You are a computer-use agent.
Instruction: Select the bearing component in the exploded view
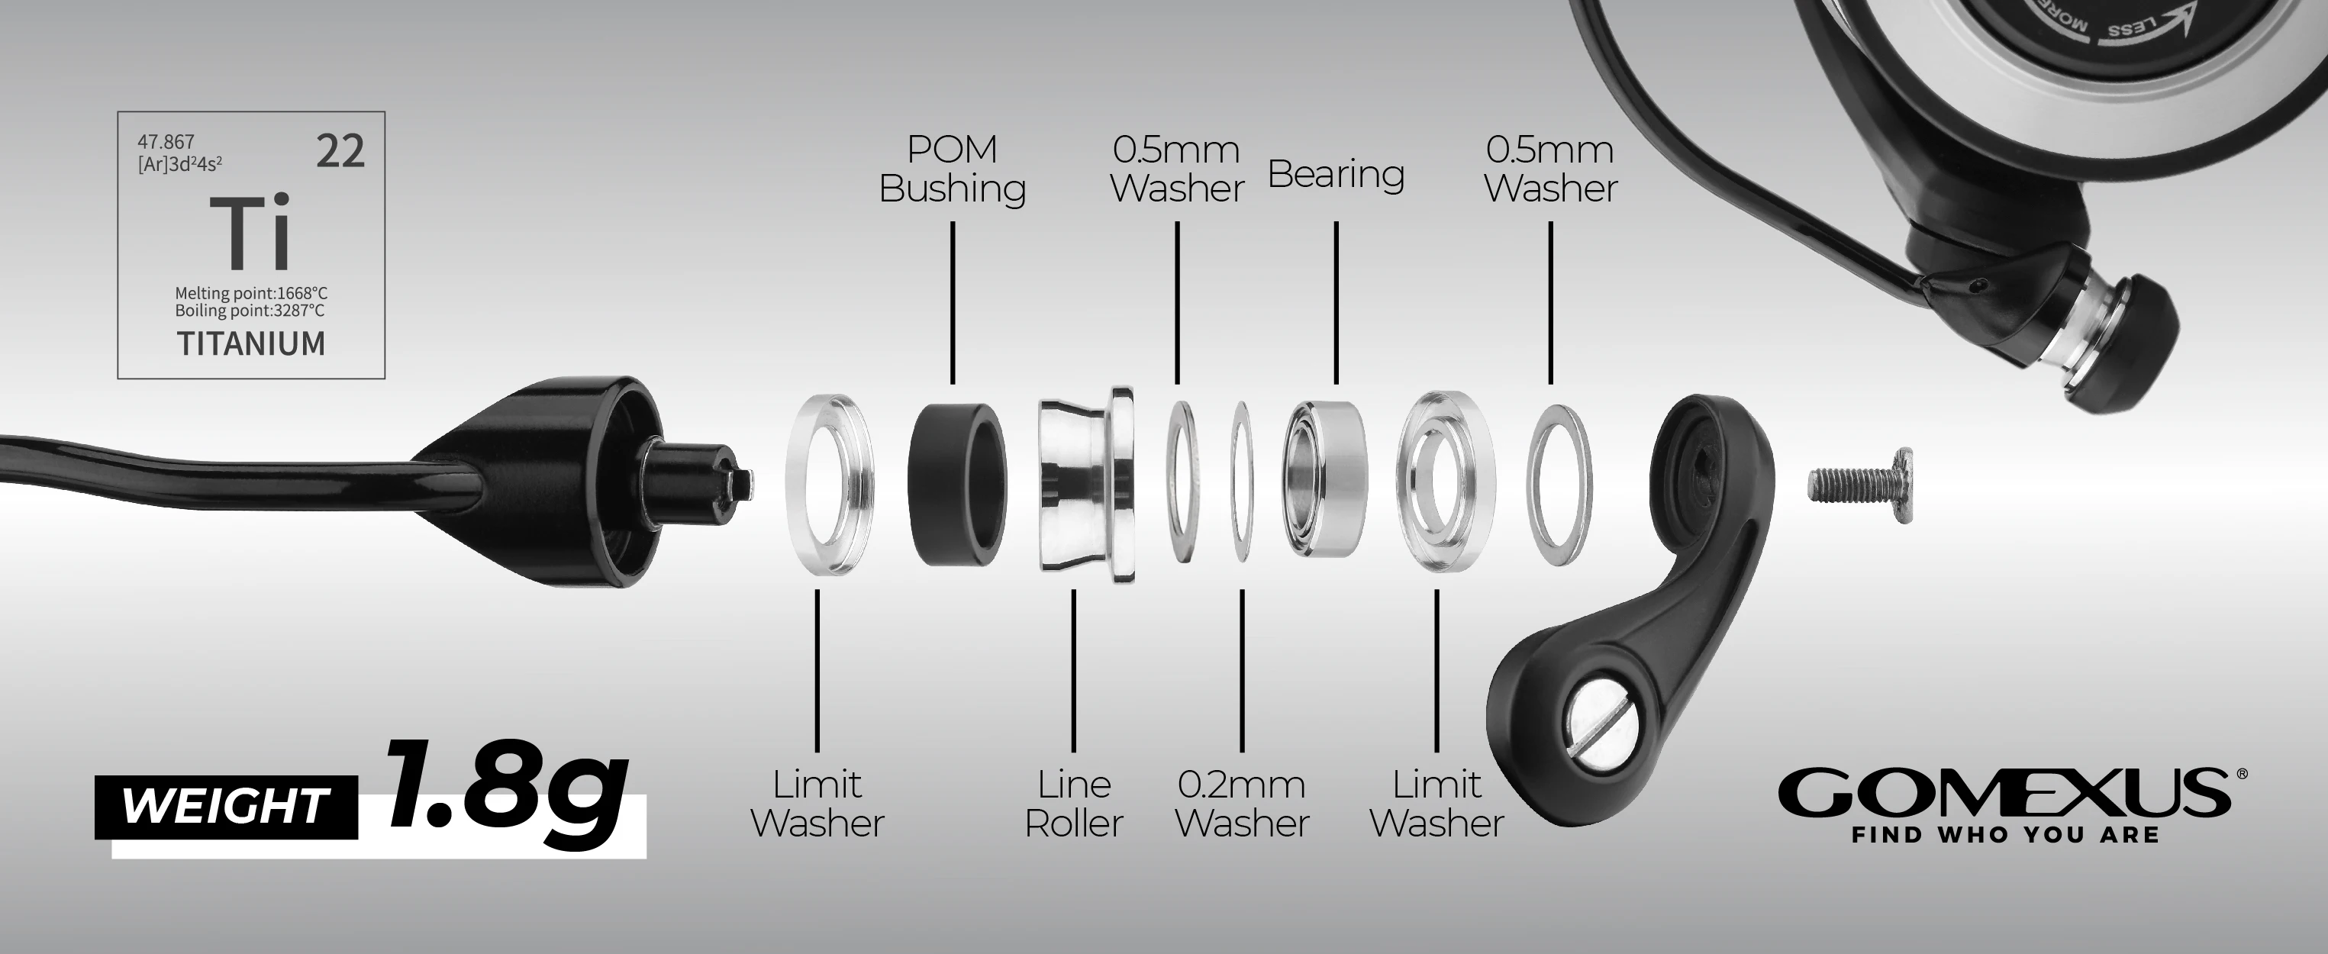(1326, 478)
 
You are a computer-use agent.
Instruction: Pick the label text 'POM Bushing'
(953, 169)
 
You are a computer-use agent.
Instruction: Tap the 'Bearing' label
(1336, 173)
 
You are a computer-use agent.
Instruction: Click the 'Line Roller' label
(1074, 803)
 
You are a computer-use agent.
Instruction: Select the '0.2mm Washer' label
(1242, 803)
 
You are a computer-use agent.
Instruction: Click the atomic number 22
(340, 151)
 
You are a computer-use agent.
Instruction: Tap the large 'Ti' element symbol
(250, 232)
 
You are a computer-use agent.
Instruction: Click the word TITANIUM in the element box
(251, 344)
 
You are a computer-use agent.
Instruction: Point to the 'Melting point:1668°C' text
(251, 294)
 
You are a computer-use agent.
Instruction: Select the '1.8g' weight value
(506, 794)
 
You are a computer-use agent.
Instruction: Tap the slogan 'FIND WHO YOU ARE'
(2005, 835)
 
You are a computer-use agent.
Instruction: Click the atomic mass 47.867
(166, 142)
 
